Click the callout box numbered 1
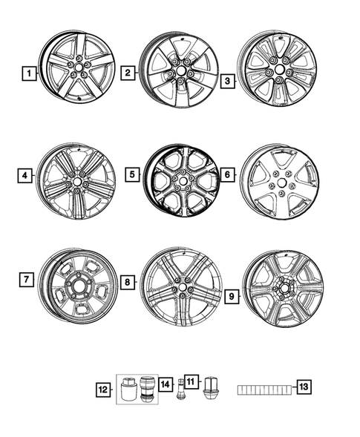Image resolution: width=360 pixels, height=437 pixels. coord(28,73)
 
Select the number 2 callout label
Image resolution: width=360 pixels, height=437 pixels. coord(128,73)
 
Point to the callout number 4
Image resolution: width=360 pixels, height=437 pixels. coord(26,176)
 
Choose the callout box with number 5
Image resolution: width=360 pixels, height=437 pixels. coord(131,175)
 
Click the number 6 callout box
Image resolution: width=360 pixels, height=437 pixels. coord(228,175)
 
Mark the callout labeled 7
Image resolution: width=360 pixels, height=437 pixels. coord(26,280)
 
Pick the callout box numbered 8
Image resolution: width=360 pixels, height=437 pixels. coord(128,282)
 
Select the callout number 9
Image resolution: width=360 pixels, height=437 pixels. coord(231,297)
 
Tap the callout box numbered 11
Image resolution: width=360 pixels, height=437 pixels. coord(191,382)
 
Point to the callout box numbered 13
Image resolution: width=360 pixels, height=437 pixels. coord(304,387)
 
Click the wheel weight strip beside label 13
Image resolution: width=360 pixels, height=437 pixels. coord(265,389)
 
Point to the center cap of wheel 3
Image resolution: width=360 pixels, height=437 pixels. coord(279,71)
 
